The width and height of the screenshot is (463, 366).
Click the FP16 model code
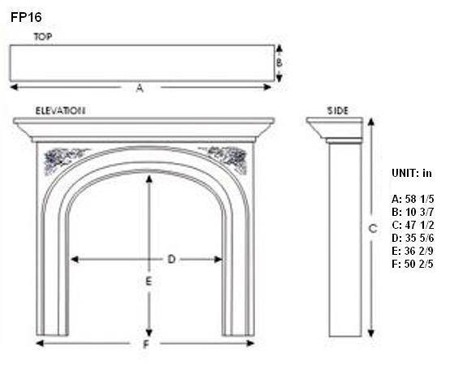click(x=26, y=17)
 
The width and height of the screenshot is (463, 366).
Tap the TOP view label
click(x=43, y=37)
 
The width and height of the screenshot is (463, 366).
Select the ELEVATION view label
click(x=61, y=111)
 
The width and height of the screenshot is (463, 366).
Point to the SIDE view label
click(x=338, y=111)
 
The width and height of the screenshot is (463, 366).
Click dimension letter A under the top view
click(x=140, y=88)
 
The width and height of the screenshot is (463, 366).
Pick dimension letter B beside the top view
click(x=279, y=62)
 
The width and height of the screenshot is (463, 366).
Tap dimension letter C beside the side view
click(x=373, y=229)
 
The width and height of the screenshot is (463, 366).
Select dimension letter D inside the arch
click(x=171, y=259)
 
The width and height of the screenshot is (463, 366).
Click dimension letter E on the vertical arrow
click(x=149, y=282)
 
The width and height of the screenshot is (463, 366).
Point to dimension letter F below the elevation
click(x=145, y=344)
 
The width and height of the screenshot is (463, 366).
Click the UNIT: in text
click(x=412, y=173)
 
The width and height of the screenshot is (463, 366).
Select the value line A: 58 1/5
click(x=413, y=199)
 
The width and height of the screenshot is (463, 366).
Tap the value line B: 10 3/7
click(x=413, y=212)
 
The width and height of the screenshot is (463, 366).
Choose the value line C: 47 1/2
click(x=413, y=225)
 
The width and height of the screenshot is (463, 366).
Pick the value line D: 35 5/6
click(x=413, y=238)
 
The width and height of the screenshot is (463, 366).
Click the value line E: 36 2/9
click(x=413, y=251)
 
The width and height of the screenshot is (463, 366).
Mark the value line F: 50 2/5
click(x=413, y=264)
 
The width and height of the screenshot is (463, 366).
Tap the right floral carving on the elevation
click(x=226, y=159)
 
